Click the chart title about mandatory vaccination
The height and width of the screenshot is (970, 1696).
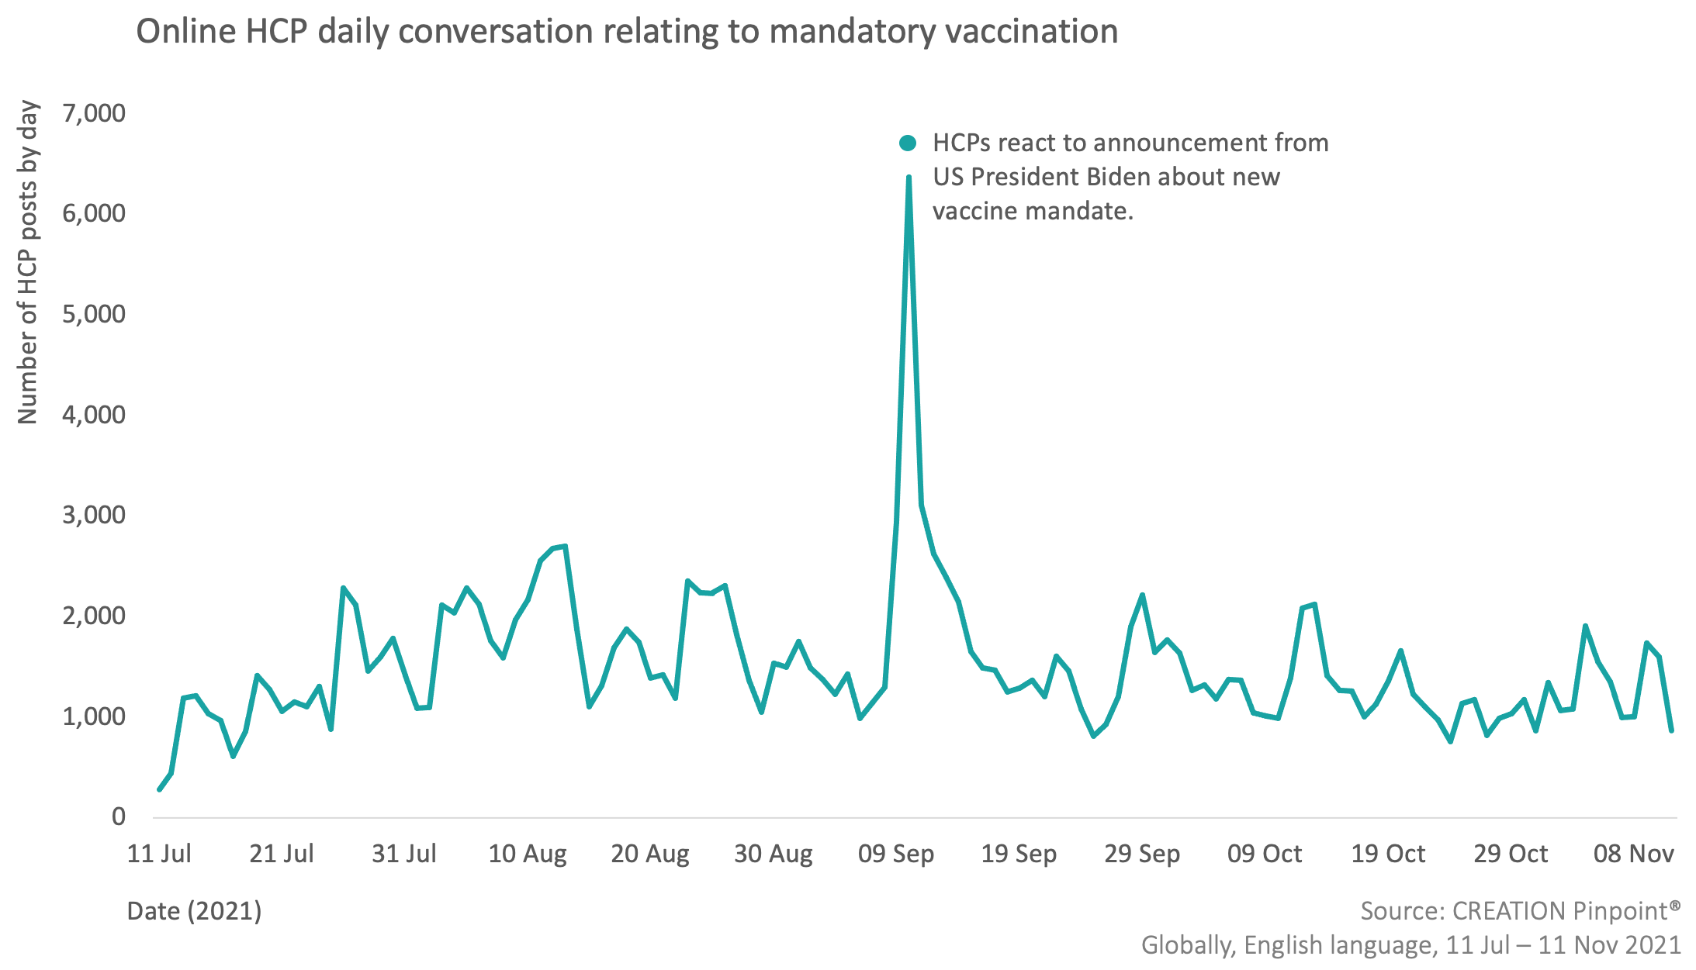(627, 33)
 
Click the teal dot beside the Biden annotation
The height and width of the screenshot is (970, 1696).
(907, 143)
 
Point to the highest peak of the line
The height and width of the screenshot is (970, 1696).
(909, 178)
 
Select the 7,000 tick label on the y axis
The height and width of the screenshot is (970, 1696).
(94, 113)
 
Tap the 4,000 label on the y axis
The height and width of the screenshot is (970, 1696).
(94, 415)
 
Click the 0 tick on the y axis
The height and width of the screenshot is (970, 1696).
(118, 816)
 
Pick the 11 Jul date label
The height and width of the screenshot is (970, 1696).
(159, 854)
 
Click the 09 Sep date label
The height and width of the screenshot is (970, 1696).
(896, 854)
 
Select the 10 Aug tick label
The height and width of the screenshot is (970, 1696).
(528, 854)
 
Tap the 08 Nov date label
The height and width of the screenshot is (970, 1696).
(1633, 854)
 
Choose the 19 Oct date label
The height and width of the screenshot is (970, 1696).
(1388, 854)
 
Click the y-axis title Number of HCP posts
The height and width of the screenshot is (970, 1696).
(28, 262)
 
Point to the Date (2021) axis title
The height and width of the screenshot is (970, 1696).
(194, 911)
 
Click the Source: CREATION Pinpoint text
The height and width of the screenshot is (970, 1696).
(1520, 911)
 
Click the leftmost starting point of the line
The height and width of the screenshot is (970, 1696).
(160, 789)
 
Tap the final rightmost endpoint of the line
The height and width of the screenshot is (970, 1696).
(1671, 730)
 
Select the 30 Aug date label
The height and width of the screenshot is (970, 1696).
(774, 854)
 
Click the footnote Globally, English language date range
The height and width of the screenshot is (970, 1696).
(1410, 945)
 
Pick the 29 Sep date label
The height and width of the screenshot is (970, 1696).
(1142, 854)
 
